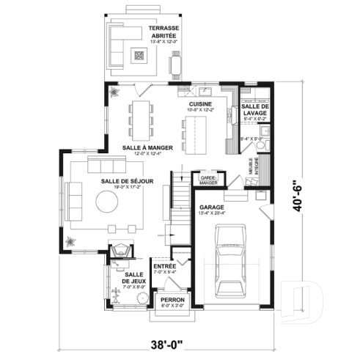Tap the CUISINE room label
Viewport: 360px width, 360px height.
199,105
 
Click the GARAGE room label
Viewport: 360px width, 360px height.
212,207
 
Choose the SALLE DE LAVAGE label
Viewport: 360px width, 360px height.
254,109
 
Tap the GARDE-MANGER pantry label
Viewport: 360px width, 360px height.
207,179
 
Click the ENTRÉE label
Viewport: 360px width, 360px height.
164,265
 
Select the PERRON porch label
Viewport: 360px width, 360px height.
173,301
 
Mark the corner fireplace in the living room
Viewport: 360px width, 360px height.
120,251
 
